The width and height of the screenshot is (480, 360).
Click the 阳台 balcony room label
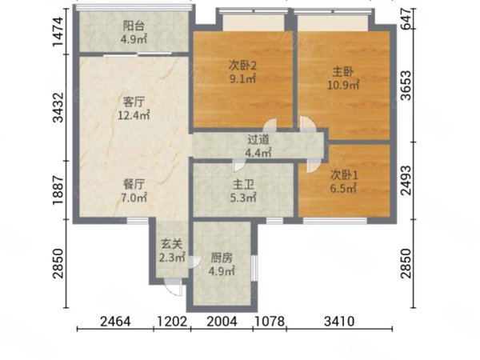(x=134, y=26)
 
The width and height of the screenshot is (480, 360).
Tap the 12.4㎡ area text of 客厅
(x=134, y=115)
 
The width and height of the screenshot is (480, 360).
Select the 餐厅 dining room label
(x=134, y=185)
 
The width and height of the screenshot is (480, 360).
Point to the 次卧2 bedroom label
(x=242, y=66)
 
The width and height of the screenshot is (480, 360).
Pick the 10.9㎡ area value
(x=343, y=85)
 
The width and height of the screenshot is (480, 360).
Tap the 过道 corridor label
(x=258, y=139)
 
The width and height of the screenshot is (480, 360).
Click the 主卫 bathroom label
(x=243, y=185)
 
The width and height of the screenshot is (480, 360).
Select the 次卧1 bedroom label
(x=344, y=175)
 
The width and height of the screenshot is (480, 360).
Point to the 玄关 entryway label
(x=172, y=244)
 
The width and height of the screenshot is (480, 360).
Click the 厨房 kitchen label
(x=222, y=258)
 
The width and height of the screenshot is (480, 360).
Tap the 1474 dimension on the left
(x=58, y=32)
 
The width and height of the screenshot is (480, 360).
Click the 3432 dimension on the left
(x=58, y=107)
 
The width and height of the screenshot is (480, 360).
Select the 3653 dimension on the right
(x=406, y=86)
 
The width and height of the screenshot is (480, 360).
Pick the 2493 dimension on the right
(x=406, y=181)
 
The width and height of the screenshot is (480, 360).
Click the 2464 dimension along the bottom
(x=115, y=322)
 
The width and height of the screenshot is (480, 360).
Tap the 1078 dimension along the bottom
(x=270, y=322)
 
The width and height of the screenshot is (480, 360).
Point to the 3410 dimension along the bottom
(x=339, y=322)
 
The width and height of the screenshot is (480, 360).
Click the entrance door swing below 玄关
(x=173, y=288)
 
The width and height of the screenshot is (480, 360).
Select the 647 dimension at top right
(x=406, y=19)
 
